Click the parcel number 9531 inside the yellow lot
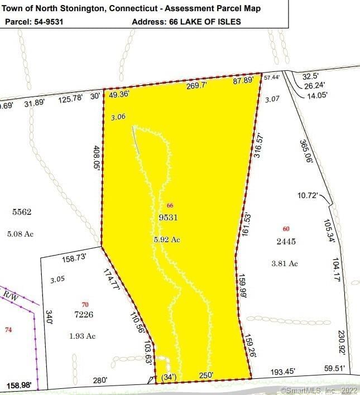coord(168,218)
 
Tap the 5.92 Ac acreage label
coord(167,239)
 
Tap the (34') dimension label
coord(169,377)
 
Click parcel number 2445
coord(286,242)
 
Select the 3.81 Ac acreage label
coord(284,263)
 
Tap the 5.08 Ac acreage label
coord(20,234)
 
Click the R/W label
coord(11,295)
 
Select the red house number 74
coord(8,330)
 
